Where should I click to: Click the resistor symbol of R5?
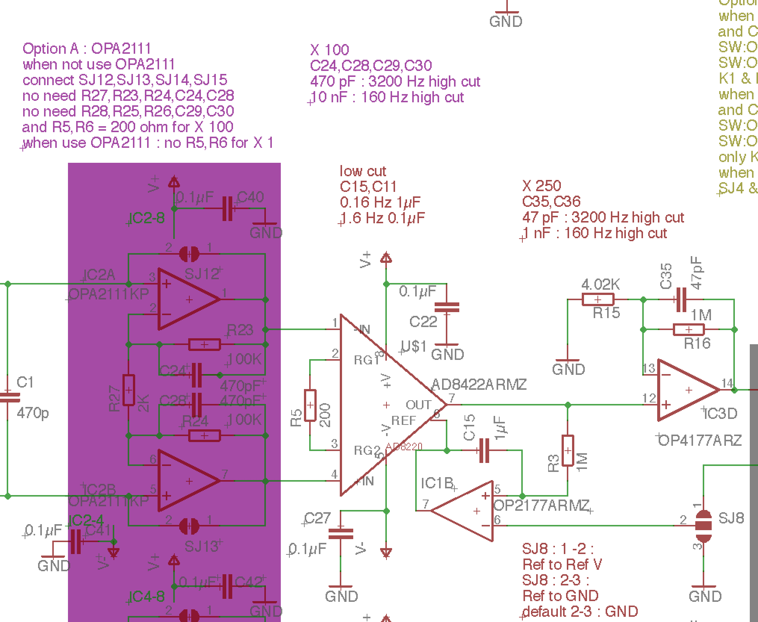(310, 405)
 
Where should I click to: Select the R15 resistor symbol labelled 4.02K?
(597, 299)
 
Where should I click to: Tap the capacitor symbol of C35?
(681, 299)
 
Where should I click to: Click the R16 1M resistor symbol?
(689, 330)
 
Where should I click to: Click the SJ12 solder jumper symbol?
(189, 254)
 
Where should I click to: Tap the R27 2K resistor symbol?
(128, 390)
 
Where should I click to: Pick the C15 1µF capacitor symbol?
(484, 451)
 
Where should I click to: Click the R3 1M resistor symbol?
(568, 450)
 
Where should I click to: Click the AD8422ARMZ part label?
(479, 384)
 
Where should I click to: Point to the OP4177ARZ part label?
(700, 441)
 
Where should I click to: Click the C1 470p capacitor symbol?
(7, 397)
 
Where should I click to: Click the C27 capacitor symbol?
(341, 534)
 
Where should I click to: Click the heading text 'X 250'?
(541, 186)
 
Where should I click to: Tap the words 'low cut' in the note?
(363, 171)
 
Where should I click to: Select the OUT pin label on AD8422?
(418, 405)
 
